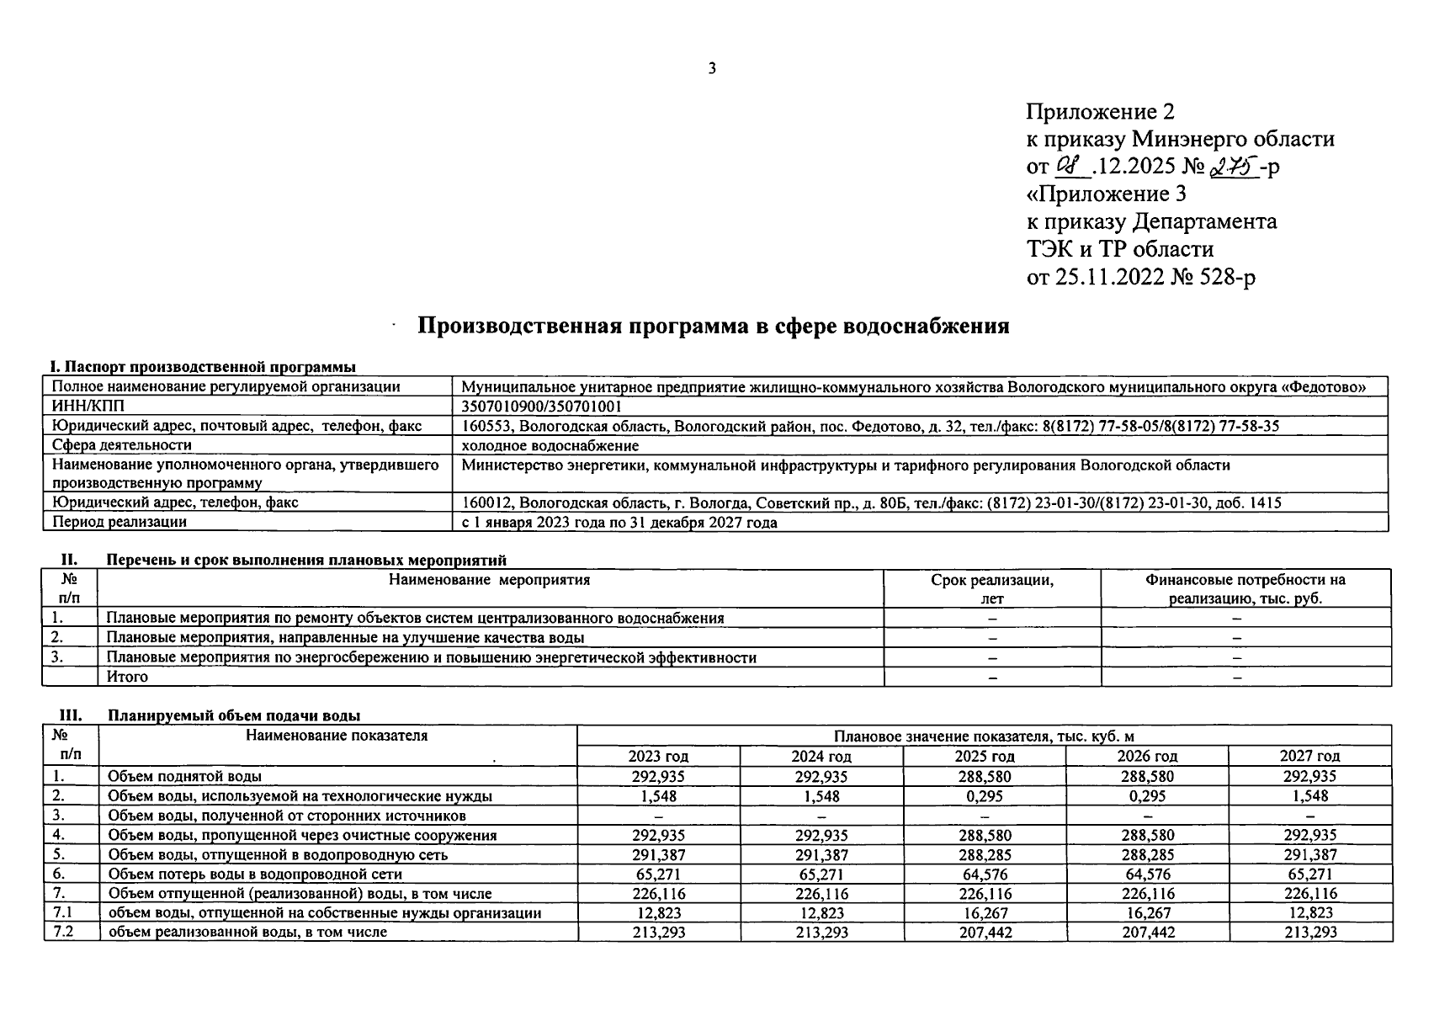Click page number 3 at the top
[712, 69]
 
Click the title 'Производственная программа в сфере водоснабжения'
[714, 327]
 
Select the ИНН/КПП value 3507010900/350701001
[542, 407]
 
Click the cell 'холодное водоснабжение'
[550, 445]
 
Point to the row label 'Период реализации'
[120, 522]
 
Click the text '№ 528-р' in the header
[1213, 277]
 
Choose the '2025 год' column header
[985, 756]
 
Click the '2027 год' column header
[1309, 756]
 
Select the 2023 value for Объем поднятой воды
[659, 776]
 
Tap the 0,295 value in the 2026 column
[1147, 795]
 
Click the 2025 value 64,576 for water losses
[985, 874]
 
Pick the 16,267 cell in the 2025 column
[985, 912]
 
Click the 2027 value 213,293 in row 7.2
[1309, 932]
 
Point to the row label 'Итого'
[128, 677]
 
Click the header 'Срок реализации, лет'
[992, 589]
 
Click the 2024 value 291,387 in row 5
[821, 854]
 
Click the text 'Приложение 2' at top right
[1100, 111]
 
